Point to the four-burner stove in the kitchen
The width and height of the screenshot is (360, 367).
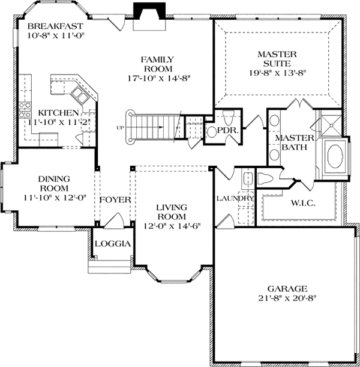26,109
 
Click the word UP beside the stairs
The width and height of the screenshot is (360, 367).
120,127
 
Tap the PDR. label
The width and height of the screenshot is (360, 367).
229,129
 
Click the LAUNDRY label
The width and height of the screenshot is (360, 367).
235,198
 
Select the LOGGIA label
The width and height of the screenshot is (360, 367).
110,244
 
